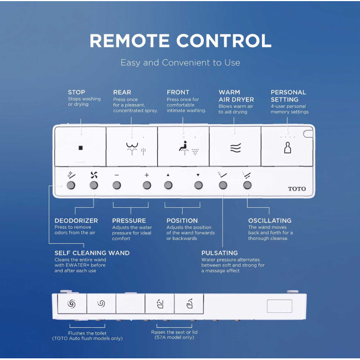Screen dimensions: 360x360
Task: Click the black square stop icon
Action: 81,148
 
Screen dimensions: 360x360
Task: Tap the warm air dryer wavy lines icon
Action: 235,148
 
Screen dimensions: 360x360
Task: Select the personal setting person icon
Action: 287,147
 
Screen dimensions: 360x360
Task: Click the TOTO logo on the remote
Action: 297,189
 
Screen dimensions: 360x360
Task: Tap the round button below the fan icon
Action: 94,185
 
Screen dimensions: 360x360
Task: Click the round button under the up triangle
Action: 168,185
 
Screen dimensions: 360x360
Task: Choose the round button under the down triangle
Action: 198,185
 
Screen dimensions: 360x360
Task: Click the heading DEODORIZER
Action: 76,220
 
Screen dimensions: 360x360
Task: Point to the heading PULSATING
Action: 219,253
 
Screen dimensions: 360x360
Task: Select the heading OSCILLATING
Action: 270,220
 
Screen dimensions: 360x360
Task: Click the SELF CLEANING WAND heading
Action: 92,253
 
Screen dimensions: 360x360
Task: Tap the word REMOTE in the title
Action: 129,40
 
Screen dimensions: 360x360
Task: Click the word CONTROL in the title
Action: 224,40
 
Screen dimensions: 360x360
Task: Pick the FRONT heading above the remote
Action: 178,92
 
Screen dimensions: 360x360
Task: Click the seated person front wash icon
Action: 184,147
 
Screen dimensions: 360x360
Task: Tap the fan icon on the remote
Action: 94,175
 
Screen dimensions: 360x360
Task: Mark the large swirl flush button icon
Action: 71,304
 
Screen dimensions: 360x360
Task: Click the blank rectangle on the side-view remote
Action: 279,306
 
